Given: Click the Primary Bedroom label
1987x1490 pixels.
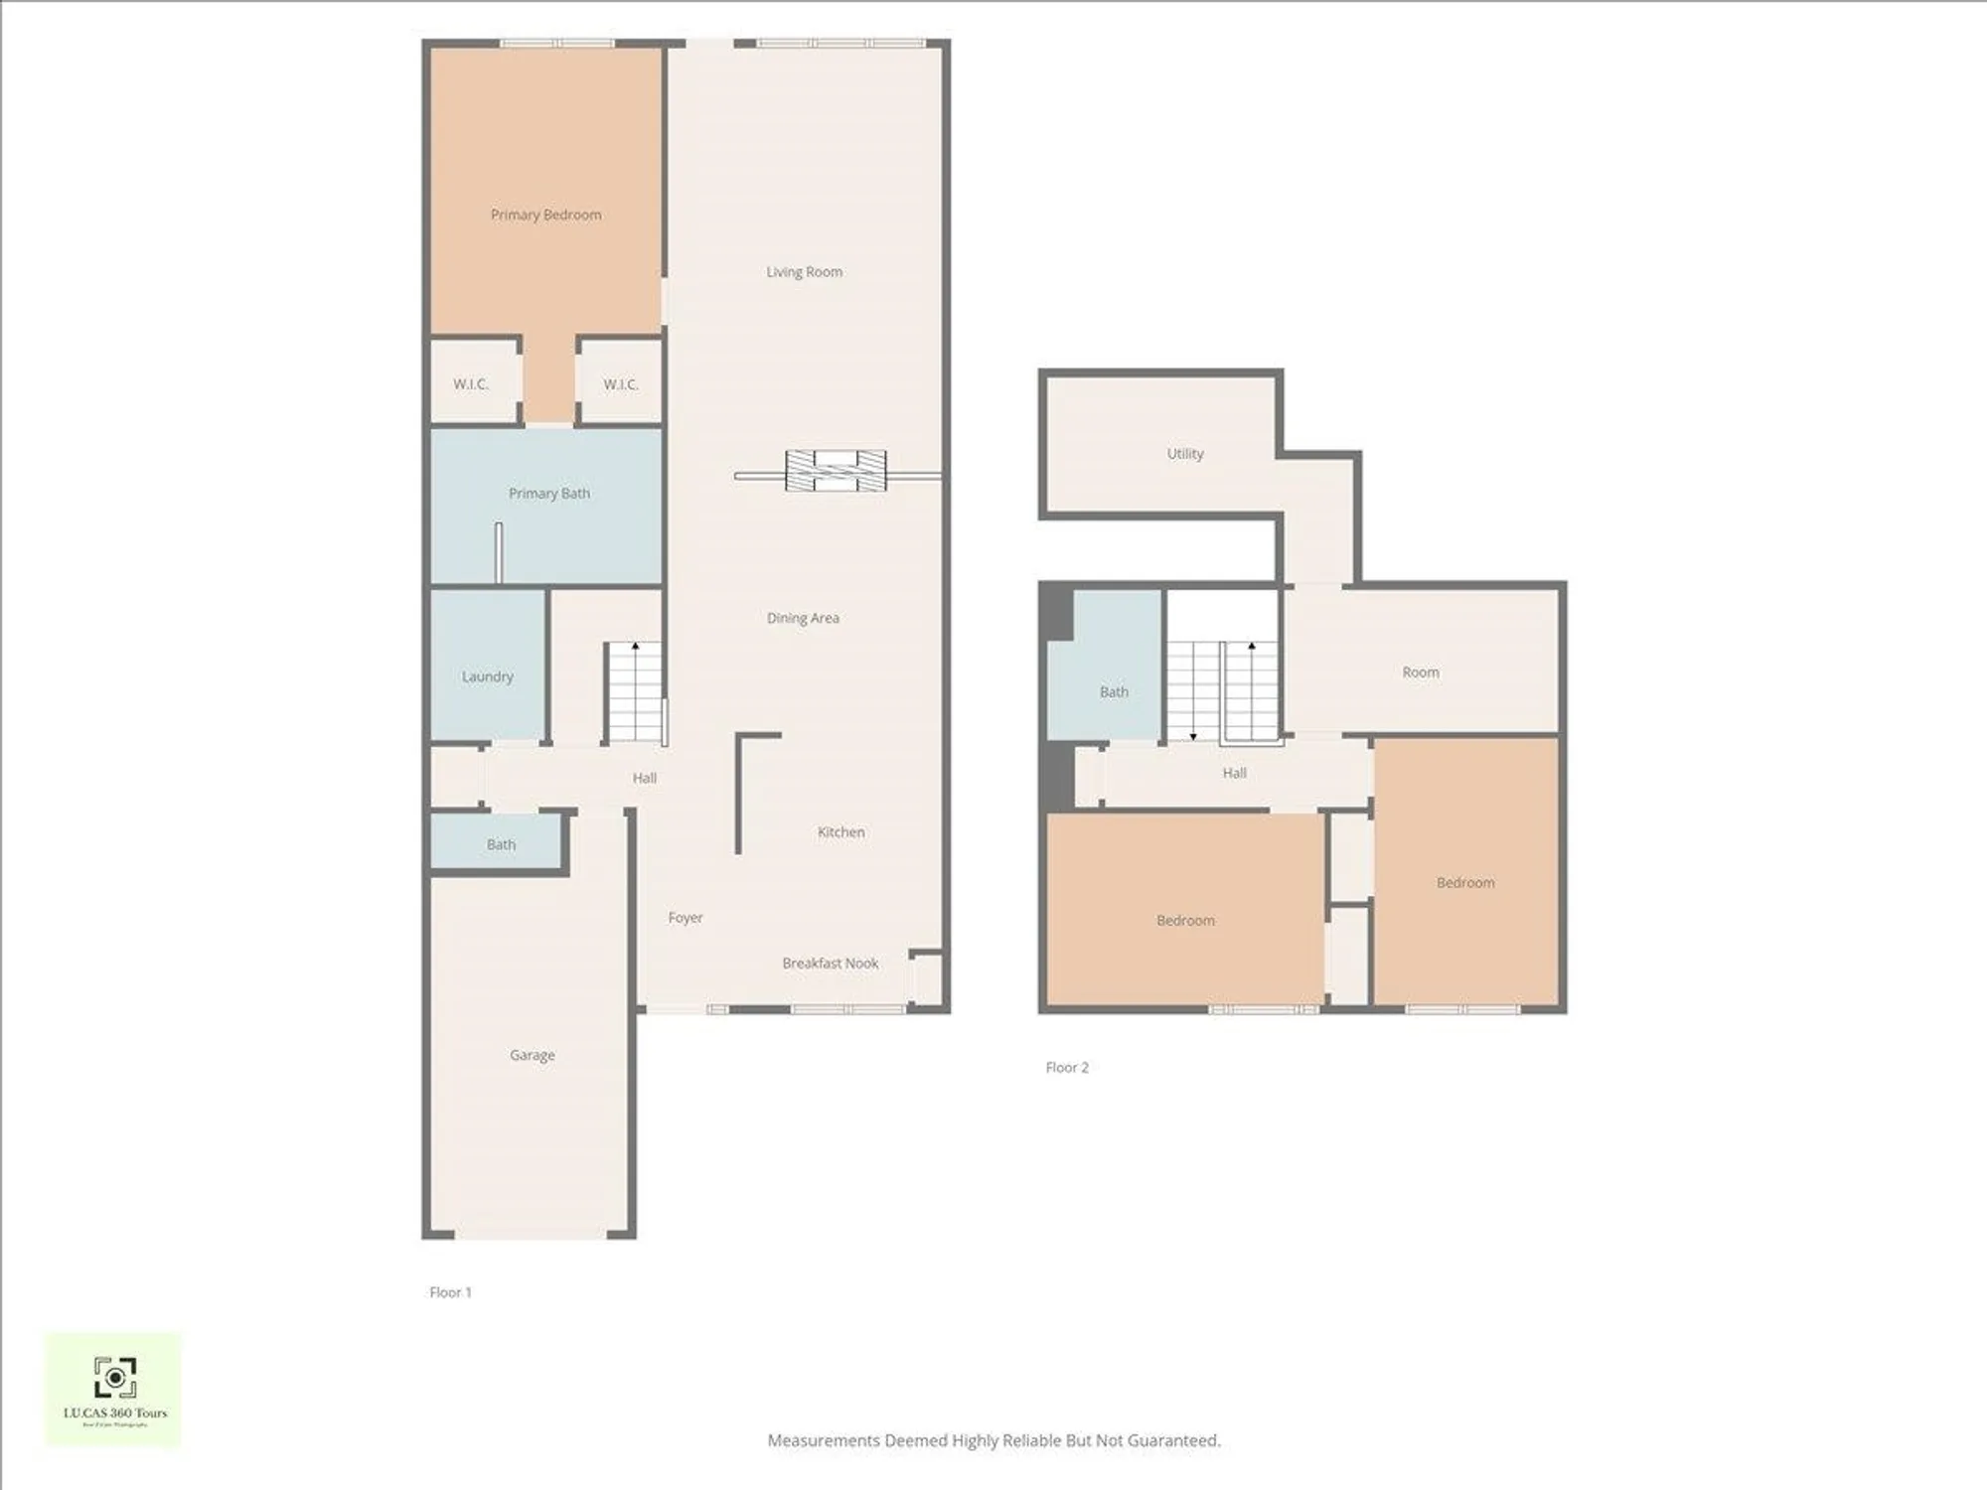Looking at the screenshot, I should [545, 215].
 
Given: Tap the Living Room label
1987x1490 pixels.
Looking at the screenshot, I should [804, 271].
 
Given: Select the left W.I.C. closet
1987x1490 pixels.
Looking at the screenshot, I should [471, 383].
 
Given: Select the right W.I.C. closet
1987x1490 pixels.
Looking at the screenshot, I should [620, 383].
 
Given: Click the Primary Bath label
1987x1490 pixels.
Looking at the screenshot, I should [548, 493].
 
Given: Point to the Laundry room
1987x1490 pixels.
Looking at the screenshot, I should [487, 676].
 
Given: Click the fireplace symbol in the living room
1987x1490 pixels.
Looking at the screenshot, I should [836, 471].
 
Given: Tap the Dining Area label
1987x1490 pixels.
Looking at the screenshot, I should [803, 618].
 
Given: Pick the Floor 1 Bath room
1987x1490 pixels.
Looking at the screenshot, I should [500, 844].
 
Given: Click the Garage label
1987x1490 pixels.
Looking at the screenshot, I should [532, 1055].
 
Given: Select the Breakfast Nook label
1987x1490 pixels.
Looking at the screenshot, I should [830, 963].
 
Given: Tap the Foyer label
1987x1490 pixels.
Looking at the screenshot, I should [685, 918].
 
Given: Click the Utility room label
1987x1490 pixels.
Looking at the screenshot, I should [1184, 453].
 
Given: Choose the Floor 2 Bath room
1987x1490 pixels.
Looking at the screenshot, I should [1113, 691].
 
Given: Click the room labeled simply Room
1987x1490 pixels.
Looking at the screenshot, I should [1420, 672].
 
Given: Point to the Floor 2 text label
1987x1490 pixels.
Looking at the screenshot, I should [1067, 1067].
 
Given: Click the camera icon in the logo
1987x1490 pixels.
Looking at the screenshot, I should [115, 1378].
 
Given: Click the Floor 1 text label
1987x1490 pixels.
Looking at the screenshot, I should [450, 1292].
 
